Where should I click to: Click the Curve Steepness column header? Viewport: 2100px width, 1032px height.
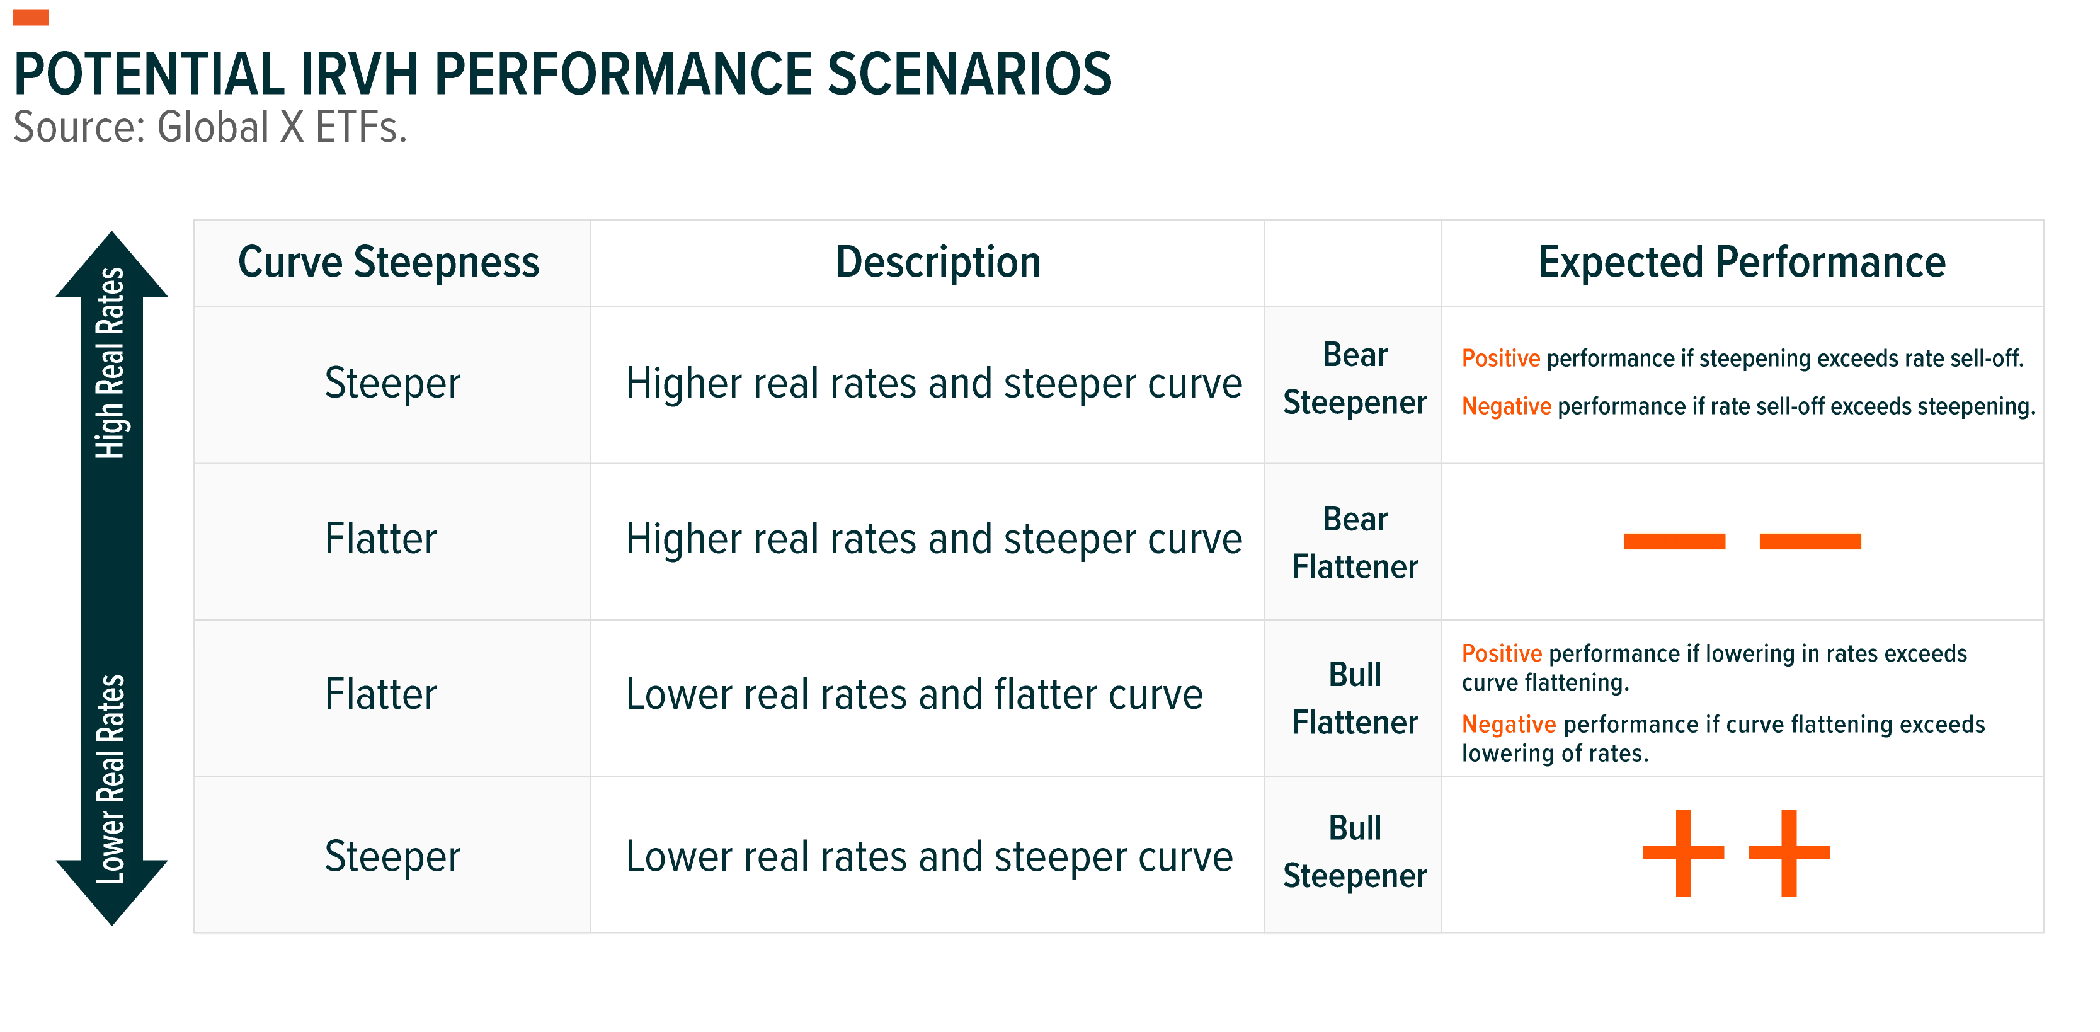389,263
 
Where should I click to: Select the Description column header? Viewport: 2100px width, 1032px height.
939,263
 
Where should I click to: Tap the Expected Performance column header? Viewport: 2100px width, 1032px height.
1742,263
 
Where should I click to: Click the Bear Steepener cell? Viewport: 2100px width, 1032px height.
1355,379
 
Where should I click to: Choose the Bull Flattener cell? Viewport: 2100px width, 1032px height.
1355,699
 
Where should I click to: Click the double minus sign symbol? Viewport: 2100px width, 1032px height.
1742,541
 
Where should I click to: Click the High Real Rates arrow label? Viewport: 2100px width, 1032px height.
110,363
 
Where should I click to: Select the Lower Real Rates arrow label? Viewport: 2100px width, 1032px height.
110,779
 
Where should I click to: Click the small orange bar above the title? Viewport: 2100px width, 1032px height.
31,18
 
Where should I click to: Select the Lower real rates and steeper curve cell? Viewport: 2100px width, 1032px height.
929,857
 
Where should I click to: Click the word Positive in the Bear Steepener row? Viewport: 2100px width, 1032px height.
1501,358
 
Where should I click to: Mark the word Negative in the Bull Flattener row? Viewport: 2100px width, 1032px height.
1509,724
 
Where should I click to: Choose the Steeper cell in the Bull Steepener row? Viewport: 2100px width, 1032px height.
392,857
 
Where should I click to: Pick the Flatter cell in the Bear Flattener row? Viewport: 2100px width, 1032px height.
380,539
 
